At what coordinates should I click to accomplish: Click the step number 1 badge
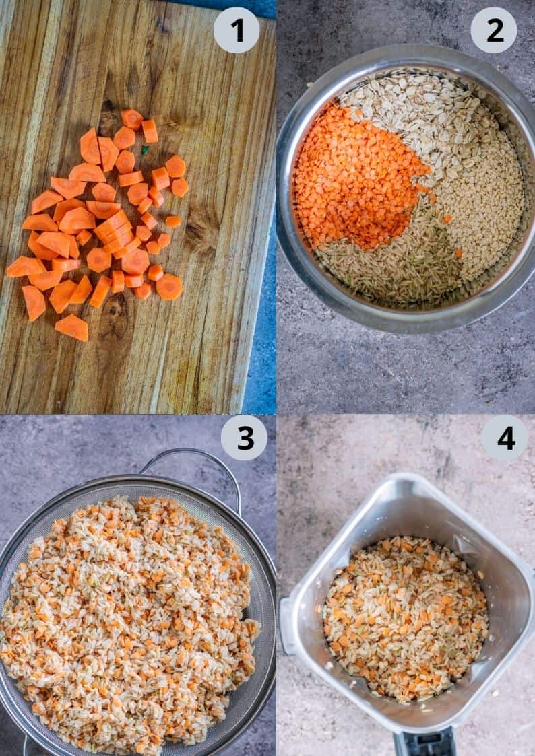pos(237,30)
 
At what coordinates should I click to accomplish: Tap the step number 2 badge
pos(493,30)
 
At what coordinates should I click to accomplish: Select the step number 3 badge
pos(244,438)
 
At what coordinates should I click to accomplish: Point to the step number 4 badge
pos(504,438)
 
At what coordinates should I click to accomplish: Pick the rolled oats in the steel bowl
pos(418,114)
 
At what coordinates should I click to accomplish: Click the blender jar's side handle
pos(287,626)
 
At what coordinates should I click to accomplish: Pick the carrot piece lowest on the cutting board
pos(71,327)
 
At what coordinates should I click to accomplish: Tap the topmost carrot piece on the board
pos(131,118)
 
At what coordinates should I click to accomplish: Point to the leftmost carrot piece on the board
pos(24,267)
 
